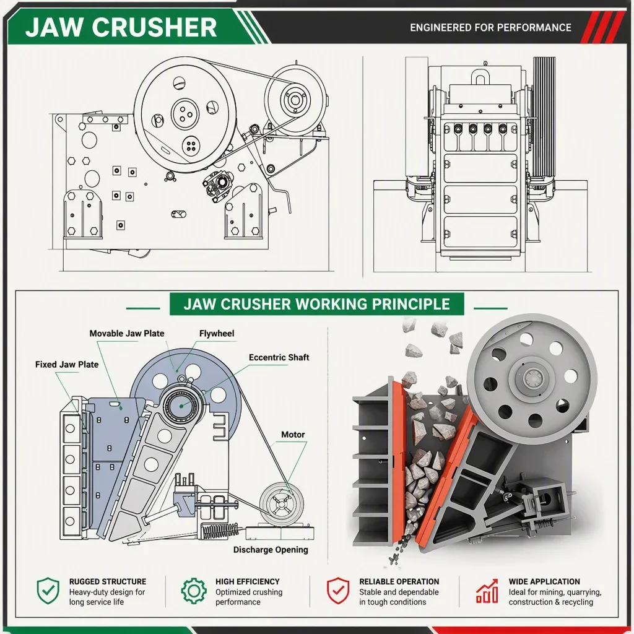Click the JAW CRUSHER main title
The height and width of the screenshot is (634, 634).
121,27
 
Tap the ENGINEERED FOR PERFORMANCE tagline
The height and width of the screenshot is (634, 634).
490,27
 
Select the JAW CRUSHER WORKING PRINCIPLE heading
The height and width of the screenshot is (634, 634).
316,304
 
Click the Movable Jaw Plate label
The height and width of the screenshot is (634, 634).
126,334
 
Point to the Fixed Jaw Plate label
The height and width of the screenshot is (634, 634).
67,364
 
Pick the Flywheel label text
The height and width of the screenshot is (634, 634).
217,334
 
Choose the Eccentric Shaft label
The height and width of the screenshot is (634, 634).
279,357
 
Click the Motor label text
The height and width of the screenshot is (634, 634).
293,435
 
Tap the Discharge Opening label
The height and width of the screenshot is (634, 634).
271,550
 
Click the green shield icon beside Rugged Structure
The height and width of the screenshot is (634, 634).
48,591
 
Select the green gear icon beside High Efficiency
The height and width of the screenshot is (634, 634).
194,591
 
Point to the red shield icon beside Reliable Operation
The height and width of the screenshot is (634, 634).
338,591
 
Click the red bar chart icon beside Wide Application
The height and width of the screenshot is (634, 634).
487,591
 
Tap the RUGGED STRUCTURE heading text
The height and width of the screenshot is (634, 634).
108,581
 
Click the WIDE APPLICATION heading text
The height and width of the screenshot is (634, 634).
544,581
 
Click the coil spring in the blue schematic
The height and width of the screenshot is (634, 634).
220,531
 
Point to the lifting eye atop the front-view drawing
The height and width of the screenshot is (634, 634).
480,76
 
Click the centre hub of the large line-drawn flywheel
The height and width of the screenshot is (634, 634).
185,114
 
